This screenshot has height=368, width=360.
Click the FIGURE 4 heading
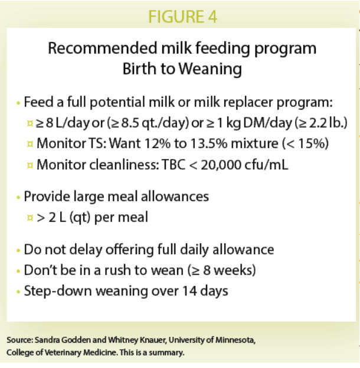pos(182,17)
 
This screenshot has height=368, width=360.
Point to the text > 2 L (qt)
pos(61,217)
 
